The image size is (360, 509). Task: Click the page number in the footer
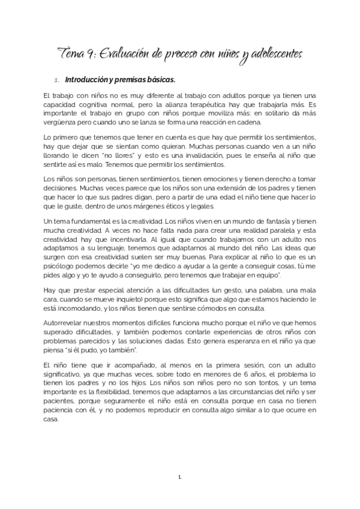tap(179, 477)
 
